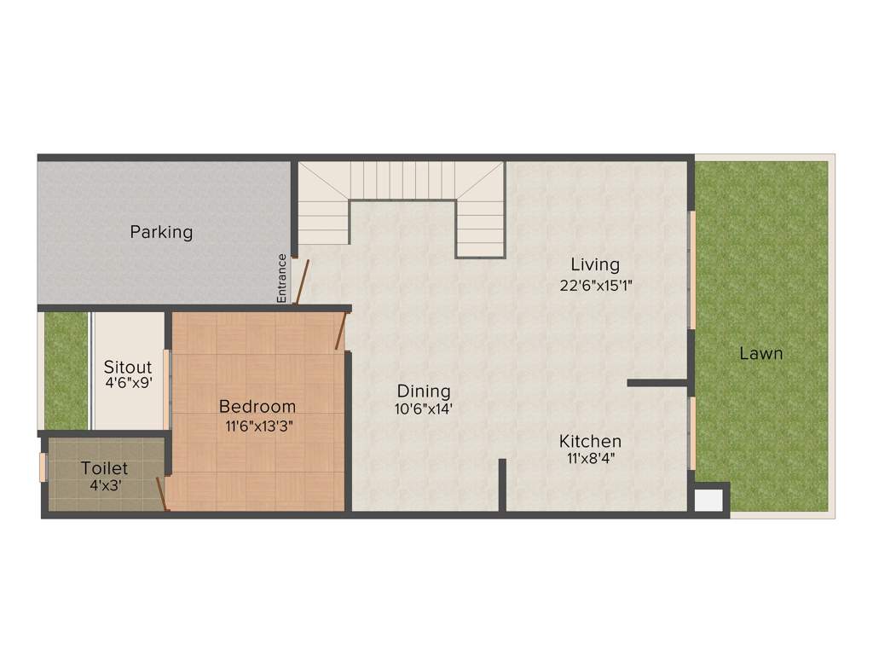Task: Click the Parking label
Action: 161,232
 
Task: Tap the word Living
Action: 595,264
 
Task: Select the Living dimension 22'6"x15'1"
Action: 595,286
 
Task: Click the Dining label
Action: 424,391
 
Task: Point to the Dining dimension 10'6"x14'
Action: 424,409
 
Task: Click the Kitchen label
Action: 590,442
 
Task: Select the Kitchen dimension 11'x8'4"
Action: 590,458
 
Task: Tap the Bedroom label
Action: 257,407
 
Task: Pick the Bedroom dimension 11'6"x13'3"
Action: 257,425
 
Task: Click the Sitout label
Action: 128,368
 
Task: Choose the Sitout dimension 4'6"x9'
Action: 128,384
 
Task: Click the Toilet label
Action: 105,468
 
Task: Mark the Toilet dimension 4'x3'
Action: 105,486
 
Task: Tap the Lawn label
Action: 760,353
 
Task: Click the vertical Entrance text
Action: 281,278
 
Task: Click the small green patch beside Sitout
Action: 66,371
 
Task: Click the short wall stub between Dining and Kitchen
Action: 503,484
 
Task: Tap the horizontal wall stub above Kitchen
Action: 657,383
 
